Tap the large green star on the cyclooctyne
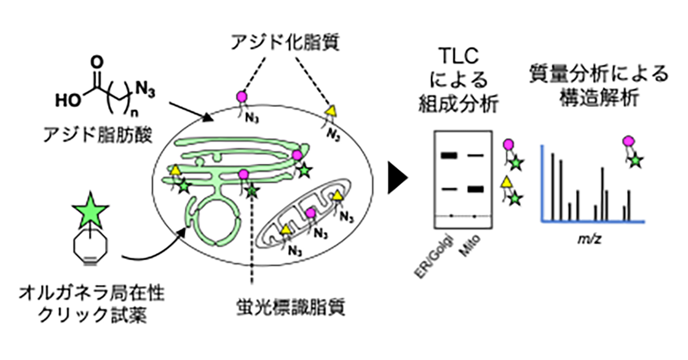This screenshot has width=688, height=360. (x=92, y=211)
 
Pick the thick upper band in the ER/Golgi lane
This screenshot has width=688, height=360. (x=448, y=156)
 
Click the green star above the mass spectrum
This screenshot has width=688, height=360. (x=636, y=160)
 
